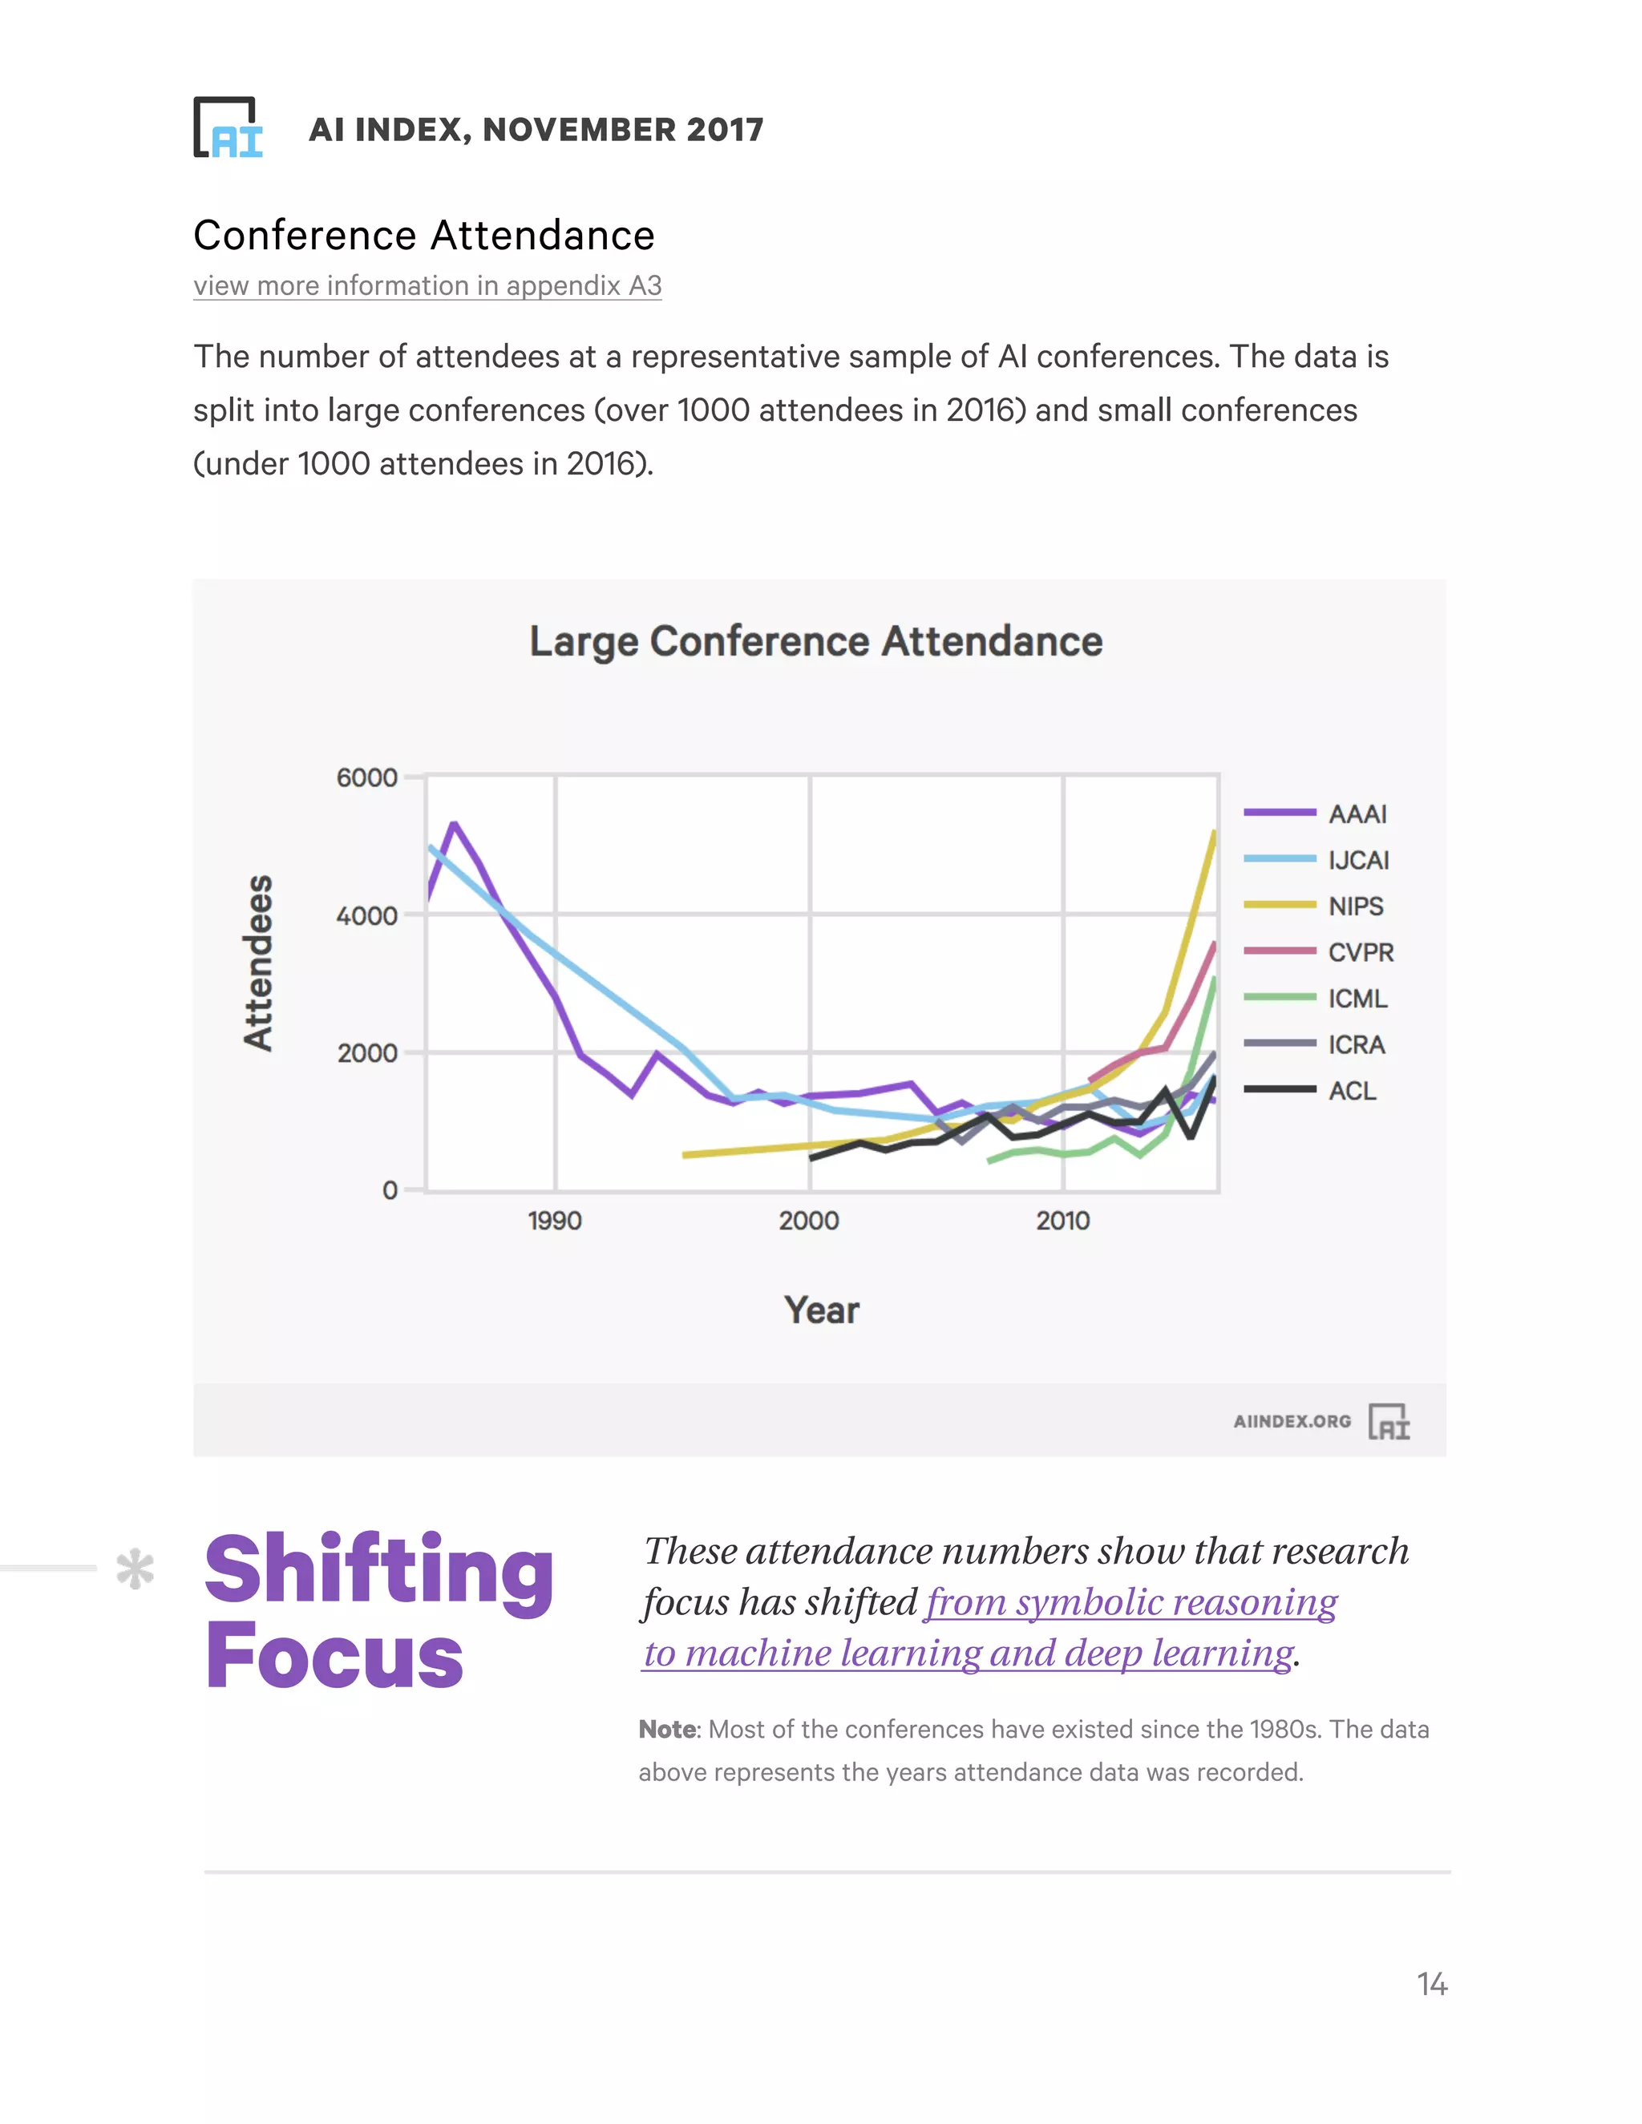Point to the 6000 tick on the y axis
pos(366,778)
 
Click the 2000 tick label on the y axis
pos(366,1053)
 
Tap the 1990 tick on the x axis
pos(555,1221)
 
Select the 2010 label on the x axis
pos(1062,1221)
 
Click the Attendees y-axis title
pos(258,963)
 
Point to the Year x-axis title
pos(822,1310)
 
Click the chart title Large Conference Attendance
pos(815,642)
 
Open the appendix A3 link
pos(427,286)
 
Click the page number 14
pos(1431,1984)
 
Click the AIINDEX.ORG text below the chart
pos(1292,1421)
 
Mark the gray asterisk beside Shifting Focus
pos(135,1569)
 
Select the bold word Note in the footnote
pos(667,1729)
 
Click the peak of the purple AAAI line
pos(453,825)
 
